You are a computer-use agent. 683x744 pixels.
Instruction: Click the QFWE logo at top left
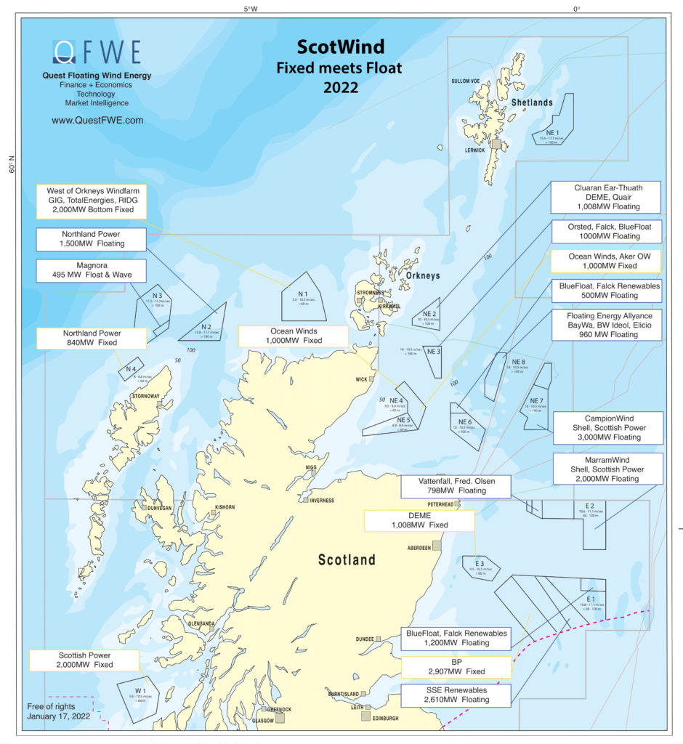tap(97, 52)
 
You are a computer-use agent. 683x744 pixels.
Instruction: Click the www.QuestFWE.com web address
tap(97, 120)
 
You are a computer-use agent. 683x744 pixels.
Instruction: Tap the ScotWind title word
tap(340, 48)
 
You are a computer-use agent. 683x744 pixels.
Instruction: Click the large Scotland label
tap(347, 559)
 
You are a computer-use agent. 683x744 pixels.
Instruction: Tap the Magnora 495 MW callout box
tap(90, 271)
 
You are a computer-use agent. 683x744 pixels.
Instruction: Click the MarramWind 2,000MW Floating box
tap(607, 470)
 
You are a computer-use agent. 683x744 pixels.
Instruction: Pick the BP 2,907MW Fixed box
tap(456, 667)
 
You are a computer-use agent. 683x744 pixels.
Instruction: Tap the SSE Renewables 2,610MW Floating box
tap(456, 695)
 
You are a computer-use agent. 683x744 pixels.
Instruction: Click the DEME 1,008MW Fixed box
tap(419, 519)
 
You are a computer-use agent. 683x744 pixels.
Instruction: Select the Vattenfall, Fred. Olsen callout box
tap(456, 485)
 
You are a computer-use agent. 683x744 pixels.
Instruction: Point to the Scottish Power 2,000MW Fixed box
tap(84, 660)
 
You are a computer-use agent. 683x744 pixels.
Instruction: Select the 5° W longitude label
tap(250, 9)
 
